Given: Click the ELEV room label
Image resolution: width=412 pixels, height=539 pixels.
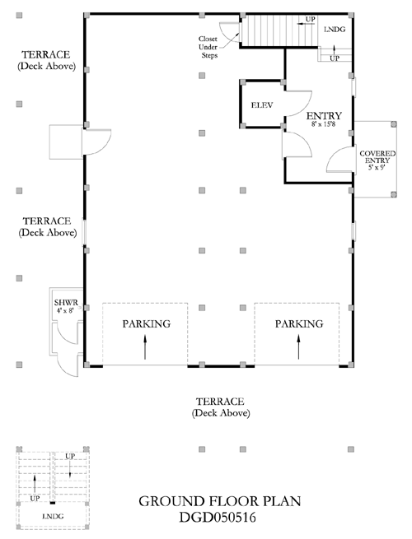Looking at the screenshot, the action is [262, 105].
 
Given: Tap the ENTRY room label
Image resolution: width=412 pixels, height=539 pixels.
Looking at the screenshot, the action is [324, 115].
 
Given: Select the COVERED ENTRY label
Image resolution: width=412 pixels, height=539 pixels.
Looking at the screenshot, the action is [377, 156].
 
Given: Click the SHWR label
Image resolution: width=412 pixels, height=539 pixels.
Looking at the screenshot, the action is [66, 303].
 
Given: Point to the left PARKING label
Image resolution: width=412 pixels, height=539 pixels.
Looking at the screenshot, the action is [147, 324].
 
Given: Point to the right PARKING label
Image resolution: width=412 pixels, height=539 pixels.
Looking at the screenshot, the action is [299, 324].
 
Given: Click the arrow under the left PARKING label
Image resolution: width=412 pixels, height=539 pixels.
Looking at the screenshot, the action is [145, 347].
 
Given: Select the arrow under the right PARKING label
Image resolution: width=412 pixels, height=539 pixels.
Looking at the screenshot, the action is [298, 347].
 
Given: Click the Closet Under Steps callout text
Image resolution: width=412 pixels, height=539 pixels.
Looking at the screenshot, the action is [208, 47].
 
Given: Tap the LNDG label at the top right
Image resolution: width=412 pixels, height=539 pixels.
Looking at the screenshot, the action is [335, 30].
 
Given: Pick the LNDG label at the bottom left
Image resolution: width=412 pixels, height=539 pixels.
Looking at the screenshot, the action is [53, 516].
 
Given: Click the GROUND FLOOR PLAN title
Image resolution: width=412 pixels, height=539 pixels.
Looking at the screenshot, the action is [219, 501].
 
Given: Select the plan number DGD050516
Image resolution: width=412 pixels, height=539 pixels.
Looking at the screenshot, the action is [218, 517].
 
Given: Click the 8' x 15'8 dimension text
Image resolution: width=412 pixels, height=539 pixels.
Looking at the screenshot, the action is [323, 124].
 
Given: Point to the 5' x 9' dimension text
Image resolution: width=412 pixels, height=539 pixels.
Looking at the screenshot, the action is [377, 168].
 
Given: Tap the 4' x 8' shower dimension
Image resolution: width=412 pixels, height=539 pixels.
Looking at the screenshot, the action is [65, 310].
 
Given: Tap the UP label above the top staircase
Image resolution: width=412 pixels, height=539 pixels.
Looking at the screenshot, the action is [311, 19].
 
